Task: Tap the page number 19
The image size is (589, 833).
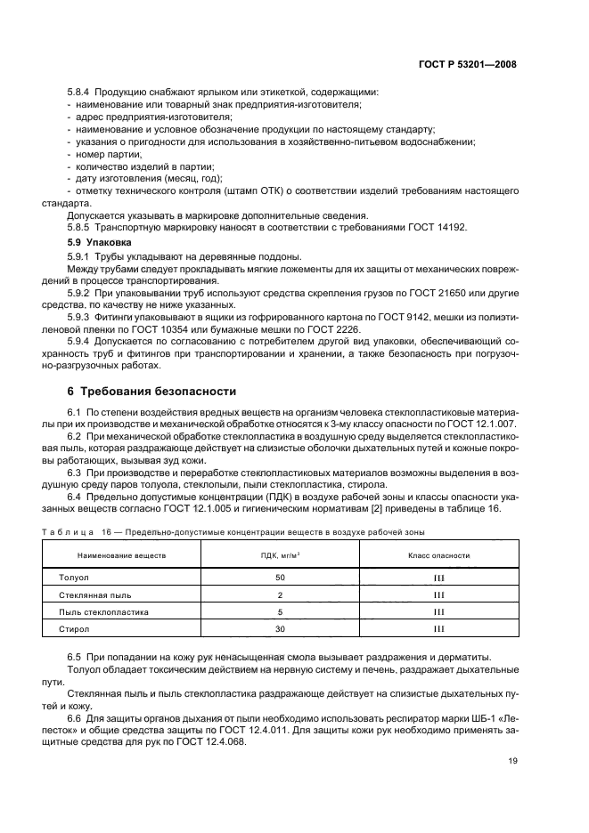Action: [x=511, y=761]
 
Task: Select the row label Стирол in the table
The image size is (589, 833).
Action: [x=73, y=629]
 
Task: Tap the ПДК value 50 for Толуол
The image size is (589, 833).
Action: [x=280, y=578]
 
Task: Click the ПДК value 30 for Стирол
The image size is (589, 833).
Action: [x=280, y=629]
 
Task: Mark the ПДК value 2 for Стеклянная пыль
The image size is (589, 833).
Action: [x=280, y=594]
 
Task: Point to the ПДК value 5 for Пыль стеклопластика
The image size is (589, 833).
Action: [x=280, y=612]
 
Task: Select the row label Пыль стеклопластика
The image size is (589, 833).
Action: [x=103, y=612]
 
